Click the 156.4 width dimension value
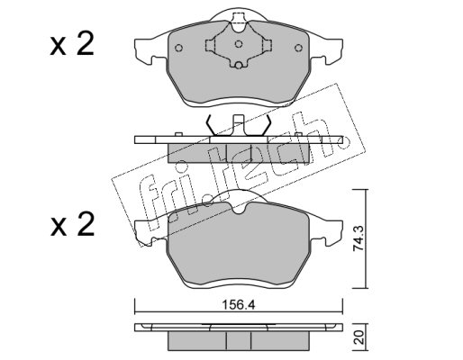238,305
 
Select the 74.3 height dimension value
359,238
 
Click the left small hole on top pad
178,48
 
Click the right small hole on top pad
298,48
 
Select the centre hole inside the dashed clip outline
239,44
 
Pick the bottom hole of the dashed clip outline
239,65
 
